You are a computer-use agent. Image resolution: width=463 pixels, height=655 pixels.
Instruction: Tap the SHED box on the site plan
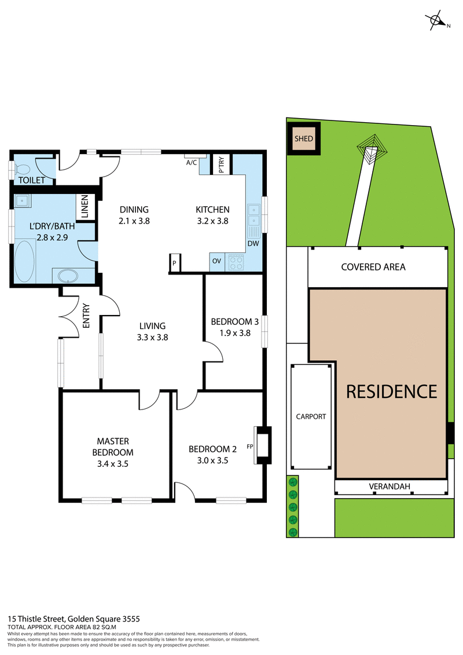pyautogui.click(x=304, y=139)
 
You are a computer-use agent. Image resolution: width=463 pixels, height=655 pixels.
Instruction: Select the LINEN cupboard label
pyautogui.click(x=84, y=207)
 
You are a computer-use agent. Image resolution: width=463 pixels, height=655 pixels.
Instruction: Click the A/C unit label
pyautogui.click(x=192, y=163)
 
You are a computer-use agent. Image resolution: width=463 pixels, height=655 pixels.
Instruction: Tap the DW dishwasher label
pyautogui.click(x=253, y=243)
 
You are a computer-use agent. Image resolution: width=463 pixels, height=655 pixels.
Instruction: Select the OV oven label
pyautogui.click(x=216, y=261)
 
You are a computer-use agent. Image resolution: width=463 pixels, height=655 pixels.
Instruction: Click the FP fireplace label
pyautogui.click(x=250, y=446)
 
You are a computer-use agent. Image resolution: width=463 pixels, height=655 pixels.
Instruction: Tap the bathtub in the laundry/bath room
pyautogui.click(x=24, y=262)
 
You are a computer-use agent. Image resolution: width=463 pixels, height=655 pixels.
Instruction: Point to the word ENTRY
pyautogui.click(x=86, y=316)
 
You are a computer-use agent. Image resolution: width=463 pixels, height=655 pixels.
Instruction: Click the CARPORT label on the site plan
pyautogui.click(x=311, y=416)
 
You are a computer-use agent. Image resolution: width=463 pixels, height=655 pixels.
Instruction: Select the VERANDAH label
pyautogui.click(x=389, y=487)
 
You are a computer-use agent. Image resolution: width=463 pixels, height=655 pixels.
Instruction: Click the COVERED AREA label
pyautogui.click(x=373, y=267)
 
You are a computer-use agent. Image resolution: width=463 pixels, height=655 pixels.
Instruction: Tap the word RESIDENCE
pyautogui.click(x=391, y=391)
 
